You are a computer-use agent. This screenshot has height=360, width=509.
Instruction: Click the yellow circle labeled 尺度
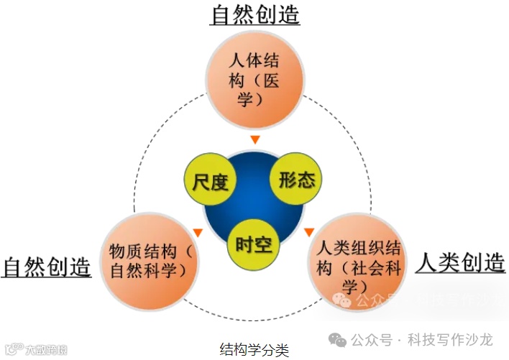coord(210,182)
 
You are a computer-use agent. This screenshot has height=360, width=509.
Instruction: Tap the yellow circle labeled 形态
coord(296,178)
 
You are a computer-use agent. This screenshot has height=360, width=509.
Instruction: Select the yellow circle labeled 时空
coord(253,244)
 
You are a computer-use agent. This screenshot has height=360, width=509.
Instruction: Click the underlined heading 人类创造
coord(460,262)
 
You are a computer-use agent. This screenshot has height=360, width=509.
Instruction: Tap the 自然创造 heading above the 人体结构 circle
coord(254,15)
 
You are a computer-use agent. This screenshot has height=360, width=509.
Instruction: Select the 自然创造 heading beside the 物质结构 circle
coord(47,267)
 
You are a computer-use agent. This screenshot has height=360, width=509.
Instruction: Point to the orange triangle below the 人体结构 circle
coord(254,139)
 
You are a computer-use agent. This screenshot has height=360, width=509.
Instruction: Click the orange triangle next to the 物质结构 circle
coord(197,232)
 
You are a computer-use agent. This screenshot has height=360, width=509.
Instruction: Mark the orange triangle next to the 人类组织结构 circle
coord(309,231)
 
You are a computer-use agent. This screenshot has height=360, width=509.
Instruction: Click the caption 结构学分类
coord(254,350)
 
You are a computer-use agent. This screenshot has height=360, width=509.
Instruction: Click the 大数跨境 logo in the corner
coord(36,351)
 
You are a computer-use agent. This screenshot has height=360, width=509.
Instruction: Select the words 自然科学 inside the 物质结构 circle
coord(154,271)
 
